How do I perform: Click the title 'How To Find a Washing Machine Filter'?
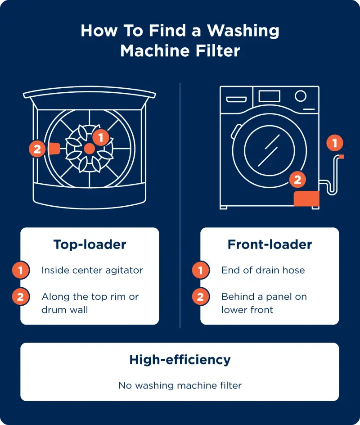pyautogui.click(x=180, y=41)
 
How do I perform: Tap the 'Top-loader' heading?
pyautogui.click(x=90, y=244)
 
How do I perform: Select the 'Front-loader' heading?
pyautogui.click(x=270, y=244)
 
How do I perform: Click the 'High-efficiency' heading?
pyautogui.click(x=180, y=360)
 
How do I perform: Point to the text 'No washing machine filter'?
pyautogui.click(x=180, y=386)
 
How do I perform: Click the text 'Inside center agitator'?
pyautogui.click(x=92, y=271)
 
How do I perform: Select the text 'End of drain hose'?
pyautogui.click(x=263, y=271)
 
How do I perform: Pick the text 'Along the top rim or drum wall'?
pyautogui.click(x=90, y=303)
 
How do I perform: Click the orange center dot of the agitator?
pyautogui.click(x=89, y=149)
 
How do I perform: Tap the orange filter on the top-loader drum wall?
pyautogui.click(x=54, y=149)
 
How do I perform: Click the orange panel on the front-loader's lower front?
pyautogui.click(x=306, y=199)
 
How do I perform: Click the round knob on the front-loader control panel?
pyautogui.click(x=301, y=96)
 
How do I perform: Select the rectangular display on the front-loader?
pyautogui.click(x=270, y=96)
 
